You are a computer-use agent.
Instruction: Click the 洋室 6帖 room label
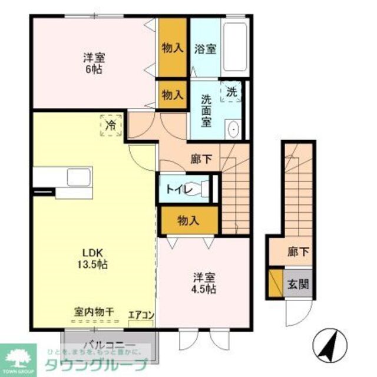pyautogui.click(x=94, y=63)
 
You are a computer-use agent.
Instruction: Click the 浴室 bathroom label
pyautogui.click(x=205, y=49)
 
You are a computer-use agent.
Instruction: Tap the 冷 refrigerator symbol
pyautogui.click(x=111, y=125)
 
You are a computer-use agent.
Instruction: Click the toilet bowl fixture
pyautogui.click(x=206, y=189)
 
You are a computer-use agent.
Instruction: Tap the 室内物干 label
pyautogui.click(x=94, y=311)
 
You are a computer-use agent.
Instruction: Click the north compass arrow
pyautogui.click(x=328, y=345)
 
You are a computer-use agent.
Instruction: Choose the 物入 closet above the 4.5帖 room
pyautogui.click(x=188, y=221)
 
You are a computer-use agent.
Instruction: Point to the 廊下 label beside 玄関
pyautogui.click(x=297, y=252)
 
